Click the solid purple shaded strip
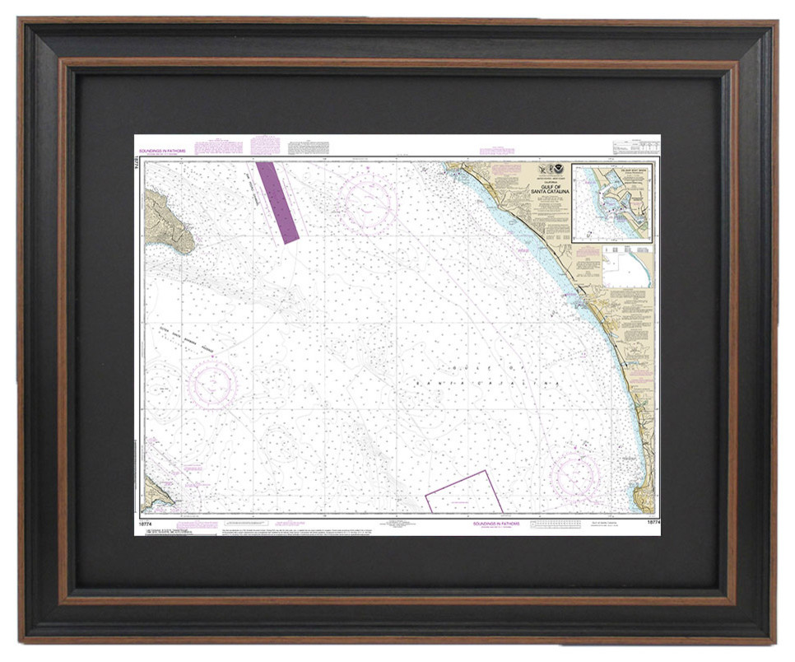(277, 202)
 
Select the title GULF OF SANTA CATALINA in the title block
(551, 189)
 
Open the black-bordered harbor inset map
(611, 203)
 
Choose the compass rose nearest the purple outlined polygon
(575, 475)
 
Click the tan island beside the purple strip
(168, 221)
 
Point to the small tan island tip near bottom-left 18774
(156, 493)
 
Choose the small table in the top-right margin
(636, 147)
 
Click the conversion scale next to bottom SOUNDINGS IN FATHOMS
(559, 524)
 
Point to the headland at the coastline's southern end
(644, 498)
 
